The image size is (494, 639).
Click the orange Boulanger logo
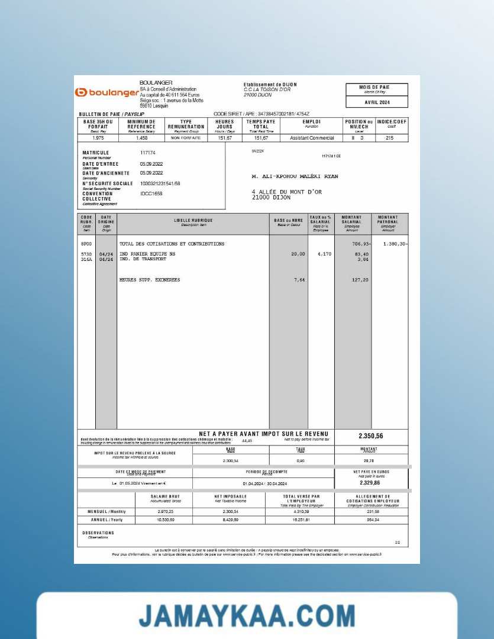[x=106, y=92]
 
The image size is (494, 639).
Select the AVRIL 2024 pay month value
[x=376, y=102]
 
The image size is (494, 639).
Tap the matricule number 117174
[x=148, y=153]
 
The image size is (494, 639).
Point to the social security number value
[x=160, y=183]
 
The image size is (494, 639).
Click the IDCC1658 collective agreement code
[x=151, y=193]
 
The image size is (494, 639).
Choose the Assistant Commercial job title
[x=312, y=138]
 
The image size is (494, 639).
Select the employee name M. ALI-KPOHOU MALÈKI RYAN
[x=295, y=176]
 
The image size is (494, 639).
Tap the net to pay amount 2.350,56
[x=371, y=436]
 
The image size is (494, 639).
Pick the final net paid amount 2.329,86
[x=371, y=483]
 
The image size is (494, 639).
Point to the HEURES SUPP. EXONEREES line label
[x=150, y=280]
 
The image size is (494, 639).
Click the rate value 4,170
[x=324, y=254]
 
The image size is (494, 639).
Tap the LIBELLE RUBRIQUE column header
[x=193, y=221]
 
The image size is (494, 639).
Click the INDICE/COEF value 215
[x=389, y=138]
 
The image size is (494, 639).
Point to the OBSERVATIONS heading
[x=98, y=532]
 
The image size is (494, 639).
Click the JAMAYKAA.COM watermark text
[x=247, y=615]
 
